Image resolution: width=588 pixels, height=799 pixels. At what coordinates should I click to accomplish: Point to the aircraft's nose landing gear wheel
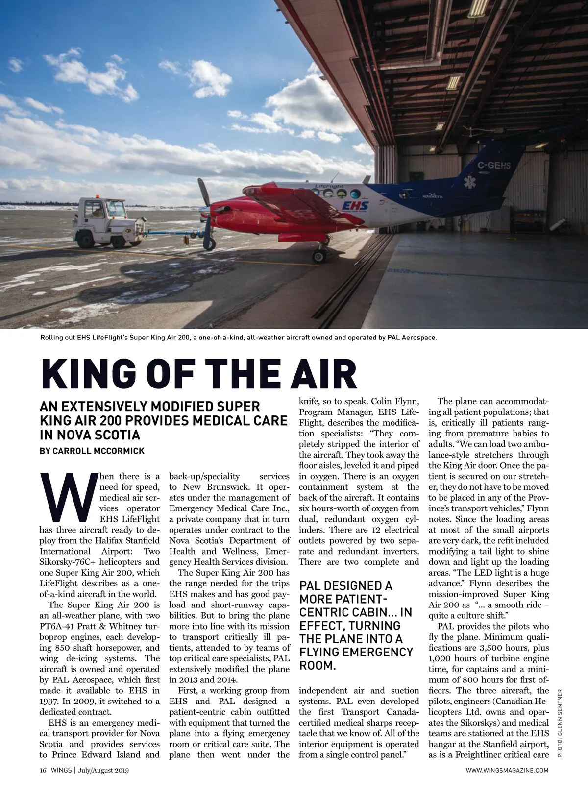point(319,256)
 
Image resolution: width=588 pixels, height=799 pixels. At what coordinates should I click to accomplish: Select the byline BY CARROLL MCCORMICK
point(92,451)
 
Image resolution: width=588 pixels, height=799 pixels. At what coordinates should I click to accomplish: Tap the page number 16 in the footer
point(43,771)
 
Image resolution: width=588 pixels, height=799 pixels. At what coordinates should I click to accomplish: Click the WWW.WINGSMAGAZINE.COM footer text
point(507,771)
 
